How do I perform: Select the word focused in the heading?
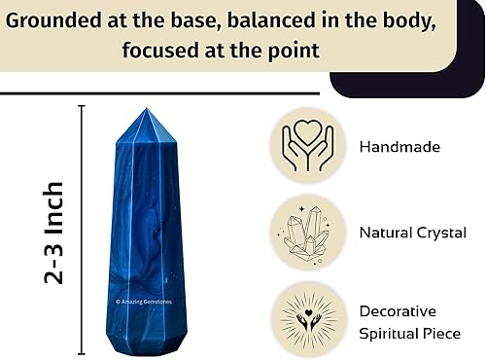[x=161, y=49]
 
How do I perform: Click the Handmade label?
[x=399, y=147]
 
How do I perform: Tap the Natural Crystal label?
[x=413, y=233]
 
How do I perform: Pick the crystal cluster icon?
[x=307, y=233]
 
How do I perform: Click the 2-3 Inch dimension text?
[x=54, y=232]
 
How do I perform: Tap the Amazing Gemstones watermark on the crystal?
[x=143, y=302]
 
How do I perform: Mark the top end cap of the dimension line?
[x=82, y=106]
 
